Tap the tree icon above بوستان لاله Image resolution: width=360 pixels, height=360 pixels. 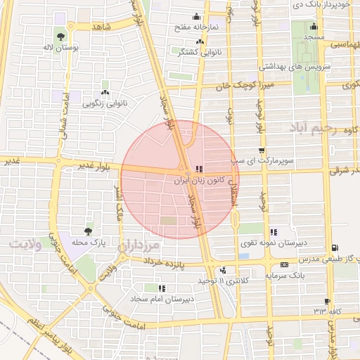(x=60, y=34)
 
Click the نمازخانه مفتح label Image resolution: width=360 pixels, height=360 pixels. (x=197, y=27)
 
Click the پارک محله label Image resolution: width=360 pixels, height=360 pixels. (x=88, y=243)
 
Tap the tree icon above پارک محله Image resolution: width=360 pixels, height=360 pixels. (x=88, y=231)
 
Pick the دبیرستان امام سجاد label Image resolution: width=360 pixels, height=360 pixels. (x=162, y=300)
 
